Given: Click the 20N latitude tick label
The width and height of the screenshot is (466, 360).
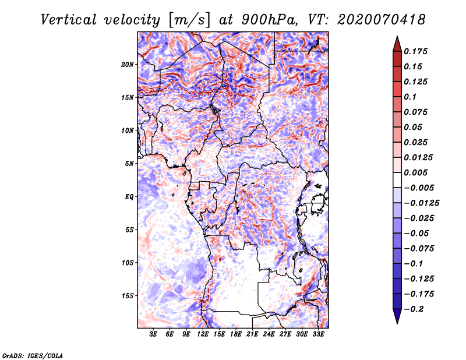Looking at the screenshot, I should [128, 64].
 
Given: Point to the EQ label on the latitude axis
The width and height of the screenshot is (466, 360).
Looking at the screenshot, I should [129, 197].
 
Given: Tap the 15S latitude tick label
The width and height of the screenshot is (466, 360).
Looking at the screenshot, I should [128, 296].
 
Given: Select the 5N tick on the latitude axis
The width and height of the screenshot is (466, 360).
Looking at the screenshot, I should [129, 164].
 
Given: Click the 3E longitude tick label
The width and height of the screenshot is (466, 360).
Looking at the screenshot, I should [154, 334].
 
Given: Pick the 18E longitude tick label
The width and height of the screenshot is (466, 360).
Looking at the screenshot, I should [236, 334].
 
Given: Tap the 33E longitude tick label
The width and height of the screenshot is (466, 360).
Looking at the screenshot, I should [318, 334].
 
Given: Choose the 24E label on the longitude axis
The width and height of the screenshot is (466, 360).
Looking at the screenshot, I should [269, 334].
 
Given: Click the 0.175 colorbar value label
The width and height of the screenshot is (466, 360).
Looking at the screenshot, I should [417, 51].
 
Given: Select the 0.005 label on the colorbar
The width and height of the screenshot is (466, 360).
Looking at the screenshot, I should [417, 172].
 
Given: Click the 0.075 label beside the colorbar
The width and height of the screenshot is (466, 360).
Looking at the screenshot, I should [417, 112].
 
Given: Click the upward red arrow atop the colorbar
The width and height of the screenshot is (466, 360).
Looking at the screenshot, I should [397, 43].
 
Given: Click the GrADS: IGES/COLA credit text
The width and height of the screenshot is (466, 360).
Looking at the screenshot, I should [32, 355].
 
